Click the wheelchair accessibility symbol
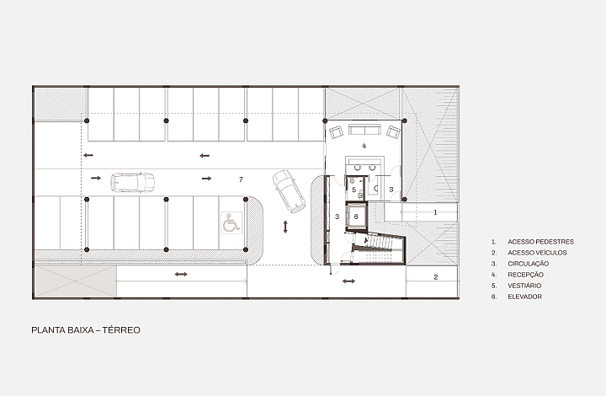pyautogui.click(x=231, y=222)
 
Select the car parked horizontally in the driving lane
pyautogui.click(x=133, y=182)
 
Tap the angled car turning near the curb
pyautogui.click(x=289, y=191)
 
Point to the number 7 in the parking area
pyautogui.click(x=242, y=179)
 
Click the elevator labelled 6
pyautogui.click(x=356, y=217)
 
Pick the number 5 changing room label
pyautogui.click(x=354, y=190)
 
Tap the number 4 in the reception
pyautogui.click(x=364, y=146)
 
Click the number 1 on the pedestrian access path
pyautogui.click(x=436, y=212)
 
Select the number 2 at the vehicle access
pyautogui.click(x=436, y=277)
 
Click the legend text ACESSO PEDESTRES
pyautogui.click(x=540, y=242)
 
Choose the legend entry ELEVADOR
pyautogui.click(x=525, y=297)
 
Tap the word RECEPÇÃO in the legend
pyautogui.click(x=525, y=275)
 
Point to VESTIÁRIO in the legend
pyautogui.click(x=524, y=286)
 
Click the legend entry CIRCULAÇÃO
pyautogui.click(x=529, y=264)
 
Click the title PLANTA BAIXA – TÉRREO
pyautogui.click(x=86, y=330)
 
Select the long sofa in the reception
pyautogui.click(x=364, y=129)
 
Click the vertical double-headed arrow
pyautogui.click(x=285, y=227)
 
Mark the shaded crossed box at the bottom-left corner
pyautogui.click(x=76, y=281)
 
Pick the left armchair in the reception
pyautogui.click(x=336, y=132)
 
